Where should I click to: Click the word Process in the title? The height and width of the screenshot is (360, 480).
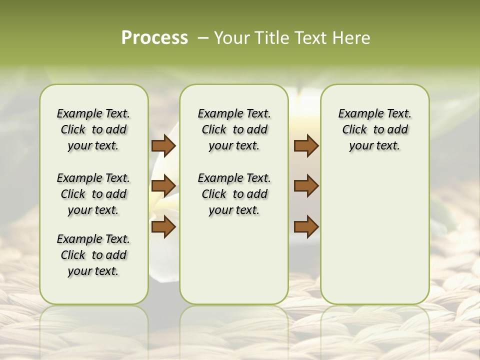tap(154, 38)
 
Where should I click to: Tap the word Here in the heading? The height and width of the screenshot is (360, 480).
tap(352, 38)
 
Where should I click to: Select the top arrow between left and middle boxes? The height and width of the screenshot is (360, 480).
tap(163, 145)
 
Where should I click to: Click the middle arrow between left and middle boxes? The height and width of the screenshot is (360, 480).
tap(163, 186)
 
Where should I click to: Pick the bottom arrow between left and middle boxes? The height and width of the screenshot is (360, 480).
tap(163, 226)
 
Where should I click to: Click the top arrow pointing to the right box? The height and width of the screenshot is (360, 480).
tap(306, 145)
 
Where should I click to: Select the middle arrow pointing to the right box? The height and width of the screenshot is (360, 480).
tap(306, 186)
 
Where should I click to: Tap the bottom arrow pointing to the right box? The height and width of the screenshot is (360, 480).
tap(306, 226)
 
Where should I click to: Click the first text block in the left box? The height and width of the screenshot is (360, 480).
tap(93, 129)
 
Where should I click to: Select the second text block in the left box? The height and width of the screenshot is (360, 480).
tap(93, 194)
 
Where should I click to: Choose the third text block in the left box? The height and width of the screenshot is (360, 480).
tap(93, 255)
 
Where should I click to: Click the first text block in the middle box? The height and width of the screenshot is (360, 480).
tap(234, 129)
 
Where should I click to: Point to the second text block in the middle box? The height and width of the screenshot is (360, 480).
tap(234, 194)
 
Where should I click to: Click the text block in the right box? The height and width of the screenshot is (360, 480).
tap(374, 129)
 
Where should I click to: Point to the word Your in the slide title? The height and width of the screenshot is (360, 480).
tap(231, 38)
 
